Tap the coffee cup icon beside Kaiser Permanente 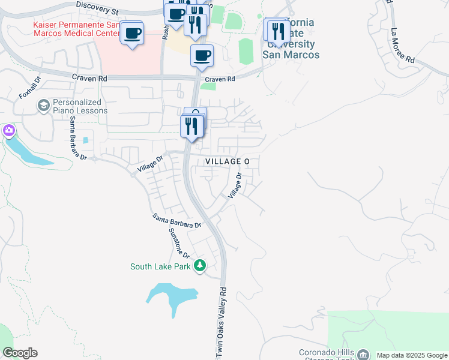point(133,33)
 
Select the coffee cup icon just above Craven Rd point(202,56)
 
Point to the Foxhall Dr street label point(28,88)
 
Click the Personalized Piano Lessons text point(80,106)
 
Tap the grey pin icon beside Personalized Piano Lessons point(43,106)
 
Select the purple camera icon point(8,130)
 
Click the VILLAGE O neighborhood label point(227,163)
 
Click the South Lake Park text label point(160,266)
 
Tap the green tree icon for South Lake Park point(200,266)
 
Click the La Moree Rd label point(402,46)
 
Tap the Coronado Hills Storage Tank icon point(363,355)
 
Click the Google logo point(20,353)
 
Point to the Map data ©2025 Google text point(412,355)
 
